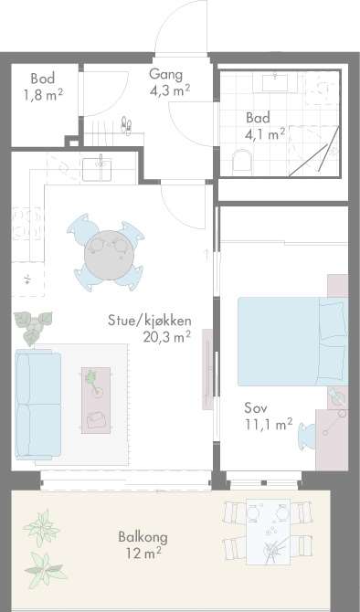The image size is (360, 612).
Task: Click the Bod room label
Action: point(43,79)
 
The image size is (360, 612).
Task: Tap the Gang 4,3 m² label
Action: point(169,82)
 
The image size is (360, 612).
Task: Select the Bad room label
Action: point(258,117)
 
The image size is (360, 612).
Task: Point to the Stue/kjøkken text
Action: point(150,321)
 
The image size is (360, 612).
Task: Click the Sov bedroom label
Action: point(256,408)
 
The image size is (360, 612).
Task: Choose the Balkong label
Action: point(143,537)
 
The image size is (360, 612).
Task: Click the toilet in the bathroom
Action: point(242,162)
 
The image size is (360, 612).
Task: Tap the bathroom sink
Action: point(275,82)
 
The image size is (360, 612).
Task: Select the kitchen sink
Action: point(97,169)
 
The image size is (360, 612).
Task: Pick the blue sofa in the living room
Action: point(37,404)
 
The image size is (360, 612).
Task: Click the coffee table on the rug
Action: point(96,400)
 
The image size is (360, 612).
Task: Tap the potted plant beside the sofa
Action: point(33,326)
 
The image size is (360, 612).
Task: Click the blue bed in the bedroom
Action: point(292,342)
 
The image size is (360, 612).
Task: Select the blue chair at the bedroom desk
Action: point(307,437)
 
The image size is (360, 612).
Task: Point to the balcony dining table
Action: point(269,532)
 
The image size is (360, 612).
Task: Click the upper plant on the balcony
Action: point(42,528)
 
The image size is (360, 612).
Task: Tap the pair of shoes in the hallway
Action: point(126,125)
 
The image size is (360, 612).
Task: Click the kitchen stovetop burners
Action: point(26,222)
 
